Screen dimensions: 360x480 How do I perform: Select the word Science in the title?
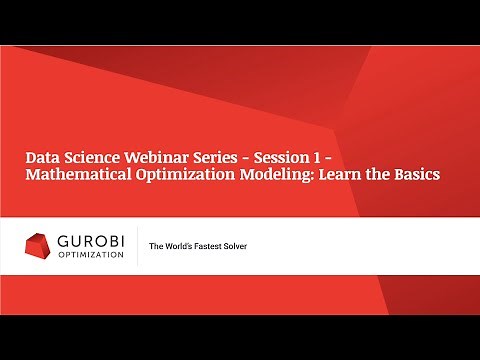click(92, 157)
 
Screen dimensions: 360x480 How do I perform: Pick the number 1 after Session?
click(325, 157)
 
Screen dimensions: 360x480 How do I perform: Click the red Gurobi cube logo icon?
click(38, 245)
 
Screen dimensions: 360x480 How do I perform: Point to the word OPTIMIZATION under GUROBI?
click(89, 254)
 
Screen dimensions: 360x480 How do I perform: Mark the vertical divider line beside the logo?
click(137, 246)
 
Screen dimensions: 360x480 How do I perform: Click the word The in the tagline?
click(157, 246)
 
